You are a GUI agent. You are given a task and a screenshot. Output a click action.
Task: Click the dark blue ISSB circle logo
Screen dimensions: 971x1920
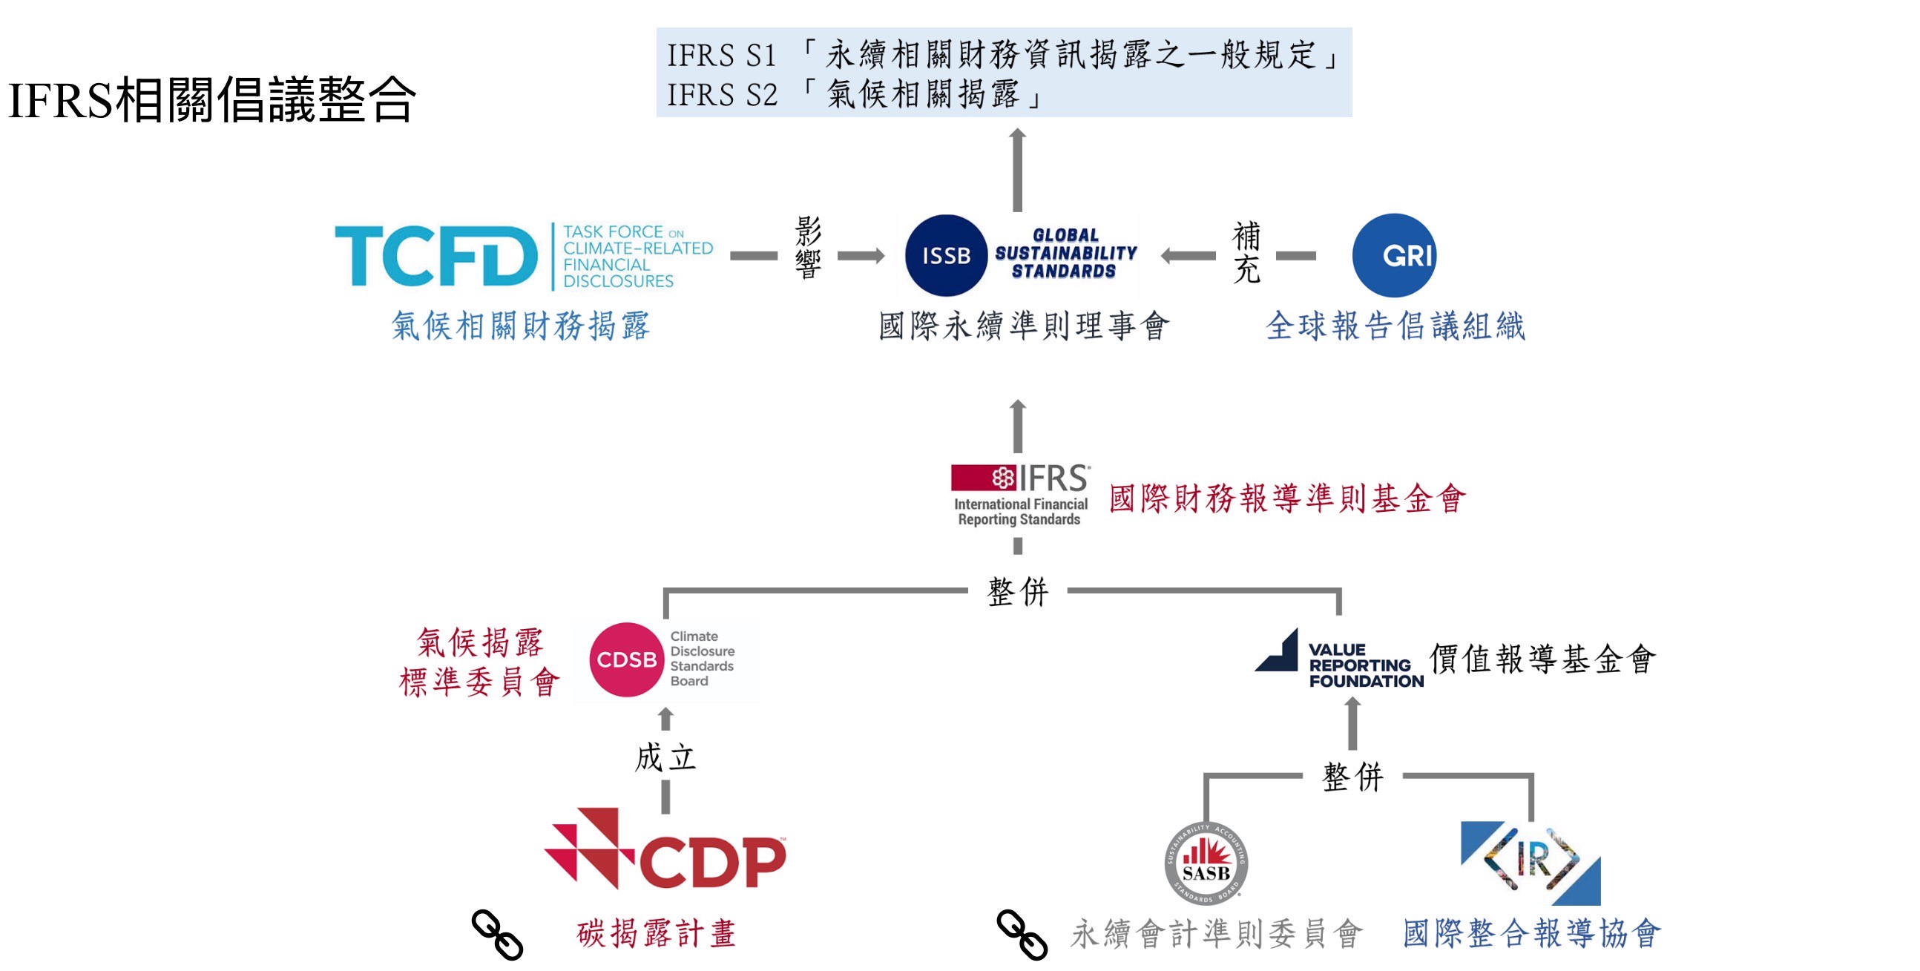[x=946, y=256]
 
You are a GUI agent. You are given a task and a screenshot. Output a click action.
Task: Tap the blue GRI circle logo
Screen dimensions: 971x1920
[x=1394, y=256]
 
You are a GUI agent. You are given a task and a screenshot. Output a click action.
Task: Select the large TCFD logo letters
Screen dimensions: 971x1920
[x=436, y=257]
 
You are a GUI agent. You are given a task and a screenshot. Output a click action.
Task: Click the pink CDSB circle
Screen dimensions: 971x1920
[x=626, y=659]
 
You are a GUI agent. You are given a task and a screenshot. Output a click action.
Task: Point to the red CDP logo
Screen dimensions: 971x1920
[x=665, y=849]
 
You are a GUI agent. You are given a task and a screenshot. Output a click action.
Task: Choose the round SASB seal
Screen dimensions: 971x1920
[x=1206, y=863]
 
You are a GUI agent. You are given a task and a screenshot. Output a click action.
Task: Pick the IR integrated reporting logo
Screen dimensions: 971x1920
[x=1531, y=863]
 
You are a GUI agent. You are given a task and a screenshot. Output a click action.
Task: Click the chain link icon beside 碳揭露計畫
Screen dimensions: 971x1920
[x=497, y=935]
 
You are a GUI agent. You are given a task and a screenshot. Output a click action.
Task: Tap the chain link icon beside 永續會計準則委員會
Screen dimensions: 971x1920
[x=1022, y=935]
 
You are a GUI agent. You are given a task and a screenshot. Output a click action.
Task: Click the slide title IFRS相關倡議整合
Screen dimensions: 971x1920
[x=211, y=99]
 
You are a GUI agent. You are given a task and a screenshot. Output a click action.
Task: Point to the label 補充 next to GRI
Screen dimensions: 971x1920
[x=1246, y=252]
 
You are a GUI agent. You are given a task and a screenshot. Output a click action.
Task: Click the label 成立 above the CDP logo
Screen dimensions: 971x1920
[x=665, y=758]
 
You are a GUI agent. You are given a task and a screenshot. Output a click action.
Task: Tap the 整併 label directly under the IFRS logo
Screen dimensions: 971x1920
[x=1017, y=592]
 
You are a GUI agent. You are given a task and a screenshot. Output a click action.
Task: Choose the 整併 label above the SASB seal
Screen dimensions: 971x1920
[x=1352, y=777]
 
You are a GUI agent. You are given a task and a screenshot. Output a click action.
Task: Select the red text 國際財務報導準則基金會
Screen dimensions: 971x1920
[x=1287, y=498]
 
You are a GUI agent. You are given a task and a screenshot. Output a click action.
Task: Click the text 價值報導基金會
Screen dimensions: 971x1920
[x=1542, y=659]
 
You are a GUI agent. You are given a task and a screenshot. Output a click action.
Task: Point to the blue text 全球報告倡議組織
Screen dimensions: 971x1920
[x=1395, y=326]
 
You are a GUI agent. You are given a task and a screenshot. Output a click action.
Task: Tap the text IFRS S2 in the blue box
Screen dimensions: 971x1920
[x=722, y=96]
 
